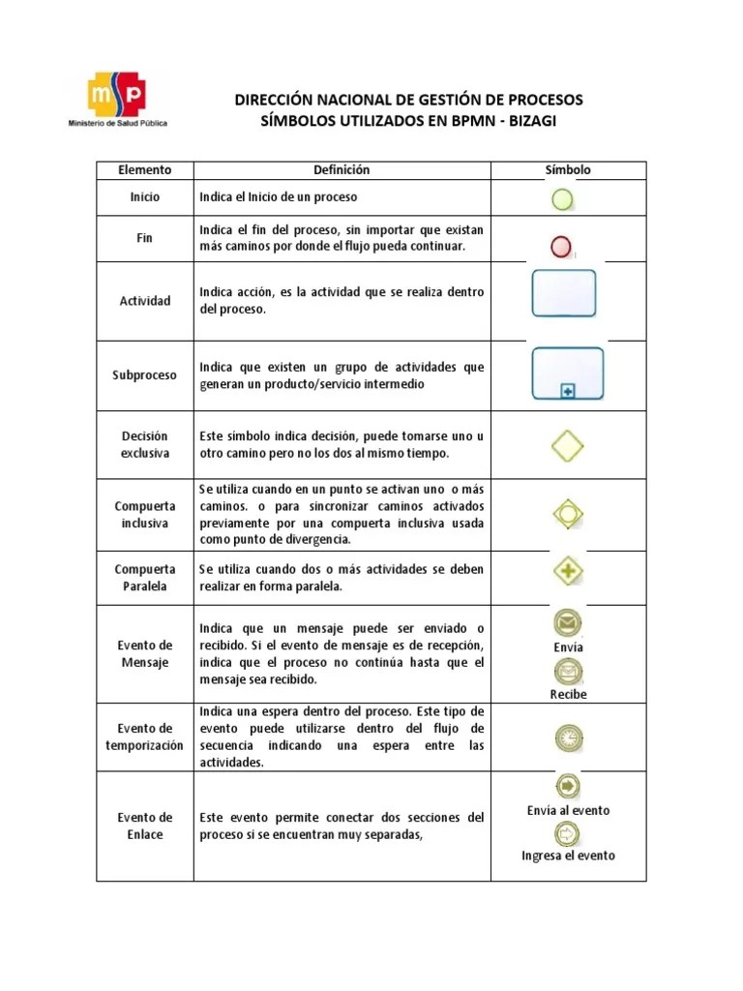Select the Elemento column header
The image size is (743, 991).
tap(144, 170)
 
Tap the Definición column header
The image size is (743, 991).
tap(342, 170)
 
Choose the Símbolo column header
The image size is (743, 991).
tap(568, 170)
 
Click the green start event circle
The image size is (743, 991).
tap(562, 198)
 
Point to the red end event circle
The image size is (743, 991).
tap(561, 247)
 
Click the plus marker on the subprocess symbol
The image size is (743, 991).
tap(568, 390)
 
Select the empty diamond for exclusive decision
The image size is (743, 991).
tap(567, 445)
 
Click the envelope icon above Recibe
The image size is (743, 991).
tap(568, 670)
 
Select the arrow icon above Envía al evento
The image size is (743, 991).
tap(568, 787)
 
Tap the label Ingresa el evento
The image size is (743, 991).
tap(568, 856)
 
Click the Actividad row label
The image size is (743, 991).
tap(144, 301)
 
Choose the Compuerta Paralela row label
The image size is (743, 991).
tap(144, 578)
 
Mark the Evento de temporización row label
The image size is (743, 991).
tap(144, 736)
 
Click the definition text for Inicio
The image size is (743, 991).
tap(279, 197)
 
